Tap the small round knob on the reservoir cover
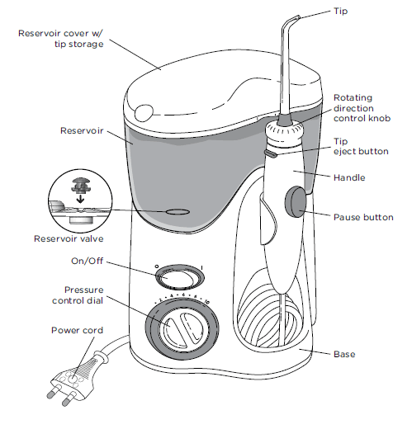144,112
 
